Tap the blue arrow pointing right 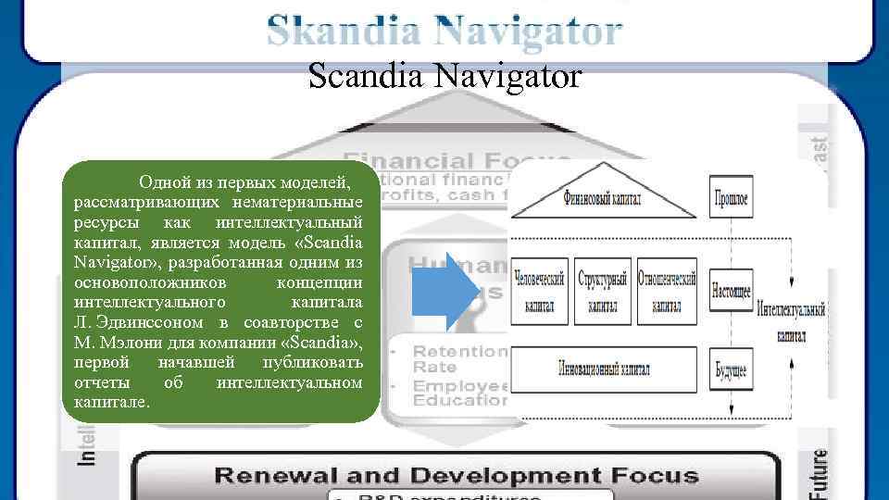(446, 291)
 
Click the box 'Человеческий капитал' (540, 291)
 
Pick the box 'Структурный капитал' (603, 291)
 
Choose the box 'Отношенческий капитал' (667, 291)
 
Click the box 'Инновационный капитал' (604, 369)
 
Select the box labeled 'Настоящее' (731, 290)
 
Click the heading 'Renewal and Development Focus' (457, 477)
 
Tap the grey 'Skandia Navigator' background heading (444, 31)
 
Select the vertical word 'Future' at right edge (820, 472)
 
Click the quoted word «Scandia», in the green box (320, 342)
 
